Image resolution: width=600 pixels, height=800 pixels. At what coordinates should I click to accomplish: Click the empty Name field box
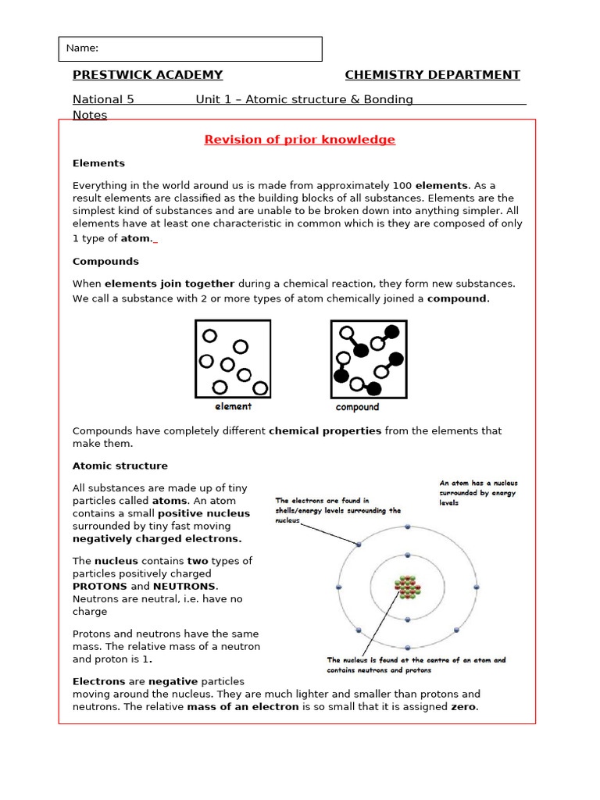(x=190, y=48)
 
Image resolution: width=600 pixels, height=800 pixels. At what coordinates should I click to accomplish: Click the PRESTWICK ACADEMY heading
(x=148, y=75)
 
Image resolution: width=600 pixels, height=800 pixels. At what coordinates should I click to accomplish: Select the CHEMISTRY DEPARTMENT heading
(x=432, y=75)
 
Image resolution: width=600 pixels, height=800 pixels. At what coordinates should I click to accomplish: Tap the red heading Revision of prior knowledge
(x=300, y=140)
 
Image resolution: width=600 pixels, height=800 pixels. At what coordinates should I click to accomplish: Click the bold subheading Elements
(x=98, y=163)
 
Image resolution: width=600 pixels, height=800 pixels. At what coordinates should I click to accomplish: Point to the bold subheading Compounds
(x=105, y=261)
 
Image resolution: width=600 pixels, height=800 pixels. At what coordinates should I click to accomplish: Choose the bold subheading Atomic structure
(x=120, y=466)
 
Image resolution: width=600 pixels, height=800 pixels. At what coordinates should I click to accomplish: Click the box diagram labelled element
(x=233, y=359)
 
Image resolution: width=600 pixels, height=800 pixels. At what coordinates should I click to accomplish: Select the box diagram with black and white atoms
(x=368, y=359)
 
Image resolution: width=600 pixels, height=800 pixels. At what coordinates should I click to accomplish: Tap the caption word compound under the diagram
(x=357, y=407)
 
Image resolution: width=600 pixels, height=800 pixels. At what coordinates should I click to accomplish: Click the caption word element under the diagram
(x=233, y=406)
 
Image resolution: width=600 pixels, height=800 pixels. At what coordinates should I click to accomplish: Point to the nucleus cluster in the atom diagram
(x=407, y=587)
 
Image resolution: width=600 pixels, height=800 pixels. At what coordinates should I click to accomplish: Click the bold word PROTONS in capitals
(x=100, y=586)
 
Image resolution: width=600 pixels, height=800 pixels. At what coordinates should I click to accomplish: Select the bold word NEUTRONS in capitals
(x=185, y=586)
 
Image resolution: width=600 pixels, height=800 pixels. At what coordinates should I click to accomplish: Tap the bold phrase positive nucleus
(x=204, y=513)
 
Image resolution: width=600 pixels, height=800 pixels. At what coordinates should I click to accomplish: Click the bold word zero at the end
(x=463, y=707)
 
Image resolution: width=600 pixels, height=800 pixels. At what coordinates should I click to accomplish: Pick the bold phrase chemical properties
(x=325, y=430)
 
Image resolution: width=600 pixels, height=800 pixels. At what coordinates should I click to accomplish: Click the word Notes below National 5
(x=90, y=115)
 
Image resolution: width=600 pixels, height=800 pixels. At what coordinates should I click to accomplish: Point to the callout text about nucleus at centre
(x=416, y=665)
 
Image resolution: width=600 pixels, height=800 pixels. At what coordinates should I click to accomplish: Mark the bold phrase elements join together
(x=170, y=284)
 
